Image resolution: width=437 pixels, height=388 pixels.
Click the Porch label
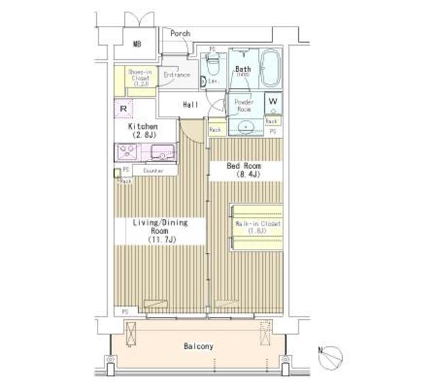(180, 33)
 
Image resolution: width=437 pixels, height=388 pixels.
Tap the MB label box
(137, 44)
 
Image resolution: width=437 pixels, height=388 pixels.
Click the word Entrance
(176, 75)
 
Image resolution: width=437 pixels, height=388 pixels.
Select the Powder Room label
(244, 105)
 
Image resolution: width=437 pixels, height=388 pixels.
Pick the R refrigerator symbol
(124, 108)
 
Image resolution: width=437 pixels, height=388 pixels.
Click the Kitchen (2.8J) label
(143, 131)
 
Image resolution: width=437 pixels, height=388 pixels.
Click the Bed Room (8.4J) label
(244, 170)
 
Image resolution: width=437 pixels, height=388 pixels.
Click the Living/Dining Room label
(159, 230)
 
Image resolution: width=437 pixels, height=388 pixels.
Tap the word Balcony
(198, 346)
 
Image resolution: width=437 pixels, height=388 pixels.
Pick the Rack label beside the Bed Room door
(215, 129)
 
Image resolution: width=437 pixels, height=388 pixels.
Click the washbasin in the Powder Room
(244, 127)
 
